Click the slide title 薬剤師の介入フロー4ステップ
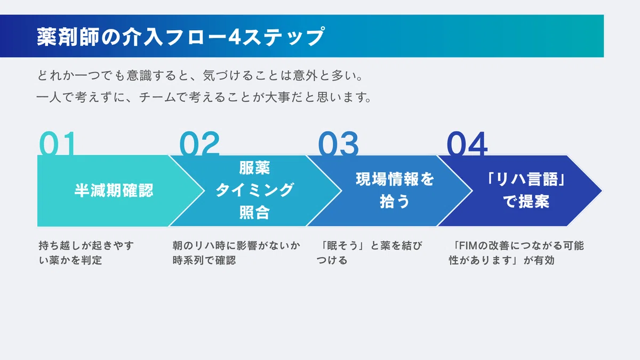(x=181, y=36)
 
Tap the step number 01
(x=58, y=143)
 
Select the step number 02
(x=199, y=143)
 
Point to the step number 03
(x=338, y=143)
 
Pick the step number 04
(x=467, y=143)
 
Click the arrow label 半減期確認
(x=114, y=190)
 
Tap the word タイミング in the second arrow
(x=254, y=190)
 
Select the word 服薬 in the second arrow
(x=254, y=167)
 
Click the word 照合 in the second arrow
(x=254, y=213)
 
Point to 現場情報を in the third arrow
(x=395, y=179)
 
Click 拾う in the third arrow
(x=395, y=202)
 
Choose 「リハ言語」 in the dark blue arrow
(x=526, y=179)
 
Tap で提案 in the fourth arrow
(x=526, y=202)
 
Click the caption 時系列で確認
(x=204, y=260)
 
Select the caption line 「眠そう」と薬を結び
(x=371, y=245)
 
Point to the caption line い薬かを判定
(x=70, y=260)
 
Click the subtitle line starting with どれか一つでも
(x=200, y=75)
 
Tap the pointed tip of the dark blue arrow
(x=602, y=190)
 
